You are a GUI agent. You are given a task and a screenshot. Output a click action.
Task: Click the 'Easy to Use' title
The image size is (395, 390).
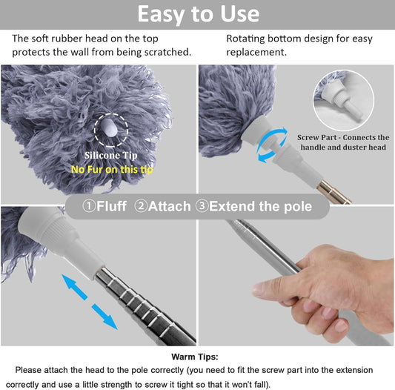199,14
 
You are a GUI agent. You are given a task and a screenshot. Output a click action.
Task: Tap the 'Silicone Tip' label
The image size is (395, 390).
111,155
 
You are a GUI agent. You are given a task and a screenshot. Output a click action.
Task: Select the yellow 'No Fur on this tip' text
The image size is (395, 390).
112,169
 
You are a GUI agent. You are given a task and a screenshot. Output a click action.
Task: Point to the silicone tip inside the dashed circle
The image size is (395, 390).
109,128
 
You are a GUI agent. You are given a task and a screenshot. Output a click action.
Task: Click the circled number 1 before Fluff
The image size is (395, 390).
89,206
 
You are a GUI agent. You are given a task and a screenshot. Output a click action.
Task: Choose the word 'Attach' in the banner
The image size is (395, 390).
169,206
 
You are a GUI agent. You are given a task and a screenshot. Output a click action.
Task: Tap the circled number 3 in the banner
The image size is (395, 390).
202,206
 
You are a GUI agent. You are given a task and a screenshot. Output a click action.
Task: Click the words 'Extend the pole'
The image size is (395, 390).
260,206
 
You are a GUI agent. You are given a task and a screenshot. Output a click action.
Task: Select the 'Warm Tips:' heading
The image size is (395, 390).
195,357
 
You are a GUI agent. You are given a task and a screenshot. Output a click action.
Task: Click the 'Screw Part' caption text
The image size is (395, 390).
343,142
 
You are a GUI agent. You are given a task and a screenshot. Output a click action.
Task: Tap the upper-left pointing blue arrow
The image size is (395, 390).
74,287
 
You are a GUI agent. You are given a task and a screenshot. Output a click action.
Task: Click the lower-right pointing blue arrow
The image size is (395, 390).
104,317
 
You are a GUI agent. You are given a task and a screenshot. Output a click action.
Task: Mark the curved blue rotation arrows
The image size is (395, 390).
272,145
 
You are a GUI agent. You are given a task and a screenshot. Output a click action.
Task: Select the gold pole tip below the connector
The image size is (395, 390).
333,193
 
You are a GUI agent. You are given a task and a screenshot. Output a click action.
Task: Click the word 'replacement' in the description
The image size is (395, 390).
256,53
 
